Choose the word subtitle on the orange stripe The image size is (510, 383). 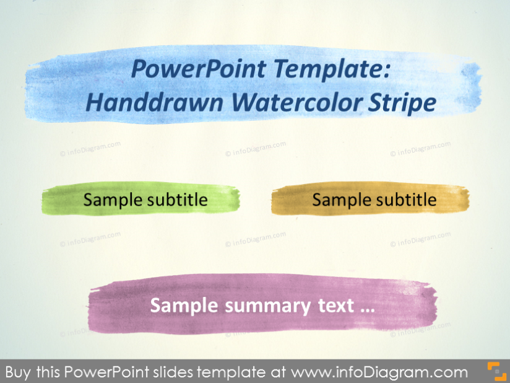pyautogui.click(x=405, y=200)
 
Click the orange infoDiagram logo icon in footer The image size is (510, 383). pyautogui.click(x=496, y=371)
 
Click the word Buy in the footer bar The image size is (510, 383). pyautogui.click(x=18, y=372)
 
